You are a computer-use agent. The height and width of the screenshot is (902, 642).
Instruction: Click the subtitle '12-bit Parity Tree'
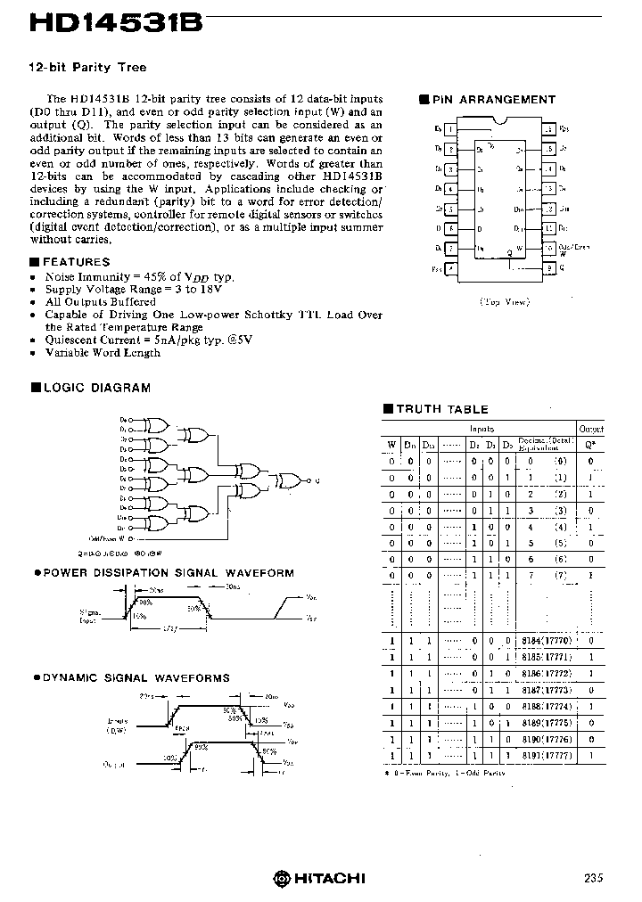(x=87, y=67)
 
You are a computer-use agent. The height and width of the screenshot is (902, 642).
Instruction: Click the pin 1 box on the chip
(x=452, y=129)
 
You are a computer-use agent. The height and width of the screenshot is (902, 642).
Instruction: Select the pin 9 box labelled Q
(x=550, y=267)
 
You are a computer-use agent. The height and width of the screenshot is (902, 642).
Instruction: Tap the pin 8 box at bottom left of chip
(x=452, y=267)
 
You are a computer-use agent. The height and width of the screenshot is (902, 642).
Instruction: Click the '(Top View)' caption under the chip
(x=504, y=301)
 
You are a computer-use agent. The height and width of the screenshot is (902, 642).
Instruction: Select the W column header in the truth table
(x=391, y=444)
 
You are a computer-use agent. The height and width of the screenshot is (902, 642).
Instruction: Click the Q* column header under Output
(x=590, y=444)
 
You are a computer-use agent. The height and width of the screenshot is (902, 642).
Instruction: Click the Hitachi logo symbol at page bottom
(x=283, y=878)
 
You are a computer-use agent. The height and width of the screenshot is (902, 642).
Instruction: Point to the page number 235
(x=594, y=878)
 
